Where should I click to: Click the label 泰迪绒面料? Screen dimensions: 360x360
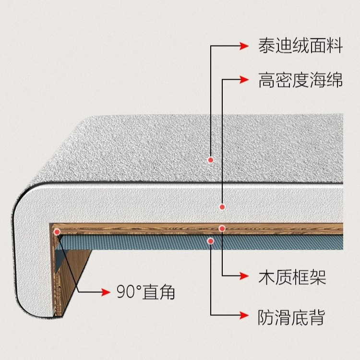coord(300,47)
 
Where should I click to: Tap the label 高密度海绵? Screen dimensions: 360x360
coord(300,80)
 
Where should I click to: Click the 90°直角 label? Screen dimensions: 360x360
coord(145,292)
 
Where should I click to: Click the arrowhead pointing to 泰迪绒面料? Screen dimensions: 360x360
coord(246,47)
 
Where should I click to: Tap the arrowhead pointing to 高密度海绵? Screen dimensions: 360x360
coord(246,80)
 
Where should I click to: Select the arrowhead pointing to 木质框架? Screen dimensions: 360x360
coord(246,276)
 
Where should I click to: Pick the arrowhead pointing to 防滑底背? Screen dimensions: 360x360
coord(246,316)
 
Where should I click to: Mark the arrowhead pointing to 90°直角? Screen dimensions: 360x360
coord(105,292)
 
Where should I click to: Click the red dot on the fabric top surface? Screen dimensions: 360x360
coord(210,159)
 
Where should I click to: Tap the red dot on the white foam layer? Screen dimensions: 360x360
coord(222,207)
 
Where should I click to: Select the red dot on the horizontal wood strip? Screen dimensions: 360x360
coord(222,228)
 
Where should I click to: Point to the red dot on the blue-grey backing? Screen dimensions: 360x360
coord(210,240)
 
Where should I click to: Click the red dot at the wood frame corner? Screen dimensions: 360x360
coord(57,232)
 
